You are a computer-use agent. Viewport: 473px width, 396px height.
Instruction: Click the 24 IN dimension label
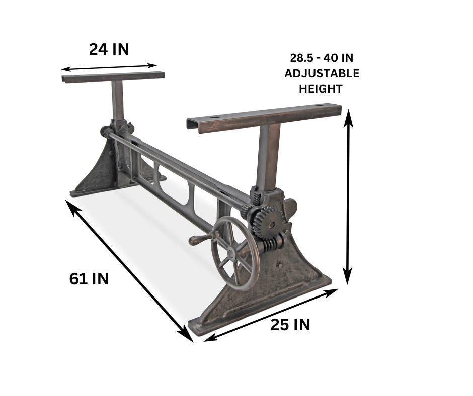[x=109, y=49]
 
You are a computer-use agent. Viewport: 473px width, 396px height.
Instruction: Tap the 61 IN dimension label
[x=89, y=278]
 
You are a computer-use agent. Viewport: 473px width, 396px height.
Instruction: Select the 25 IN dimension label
[x=290, y=325]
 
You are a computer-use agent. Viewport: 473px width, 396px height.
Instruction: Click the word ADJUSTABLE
[x=322, y=73]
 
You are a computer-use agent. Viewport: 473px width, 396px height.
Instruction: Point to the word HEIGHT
[x=321, y=89]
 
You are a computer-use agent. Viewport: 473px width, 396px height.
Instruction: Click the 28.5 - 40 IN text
[x=322, y=58]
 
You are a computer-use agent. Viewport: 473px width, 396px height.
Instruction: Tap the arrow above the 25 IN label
[x=271, y=315]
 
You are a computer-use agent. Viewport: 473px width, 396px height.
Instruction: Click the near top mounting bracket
[x=264, y=118]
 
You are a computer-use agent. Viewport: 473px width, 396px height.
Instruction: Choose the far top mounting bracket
[x=113, y=77]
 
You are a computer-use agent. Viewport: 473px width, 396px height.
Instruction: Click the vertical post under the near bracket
[x=269, y=156]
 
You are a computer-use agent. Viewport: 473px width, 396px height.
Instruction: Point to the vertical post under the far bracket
[x=118, y=101]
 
